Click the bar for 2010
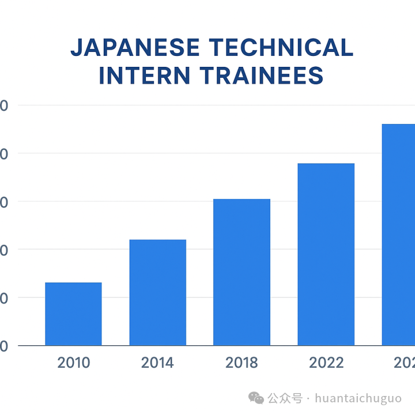[x=73, y=314]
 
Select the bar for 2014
[x=157, y=292]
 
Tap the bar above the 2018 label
[x=242, y=272]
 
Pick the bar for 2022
[x=326, y=254]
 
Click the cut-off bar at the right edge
[x=399, y=235]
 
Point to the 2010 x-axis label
[x=74, y=363]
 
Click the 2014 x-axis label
[x=157, y=363]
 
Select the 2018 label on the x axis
[x=242, y=363]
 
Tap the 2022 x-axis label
[x=326, y=363]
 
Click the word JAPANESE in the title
[x=135, y=48]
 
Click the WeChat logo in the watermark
[x=256, y=398]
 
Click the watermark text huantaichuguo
[x=359, y=398]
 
